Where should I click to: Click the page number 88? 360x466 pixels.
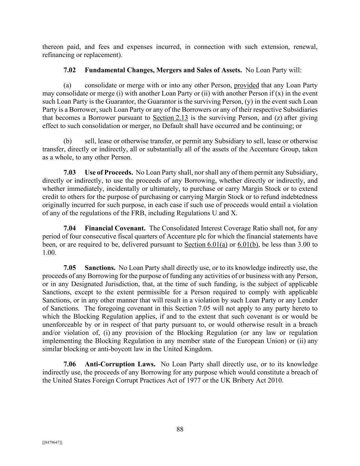tap(180, 429)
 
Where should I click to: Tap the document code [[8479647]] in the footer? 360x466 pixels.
tap(52, 442)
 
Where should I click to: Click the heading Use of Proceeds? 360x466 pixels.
tap(109, 172)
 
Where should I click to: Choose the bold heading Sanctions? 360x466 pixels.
tap(100, 268)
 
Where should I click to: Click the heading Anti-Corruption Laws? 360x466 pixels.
tap(120, 364)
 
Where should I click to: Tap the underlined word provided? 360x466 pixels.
tap(246, 85)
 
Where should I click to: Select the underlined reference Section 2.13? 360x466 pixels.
tap(170, 118)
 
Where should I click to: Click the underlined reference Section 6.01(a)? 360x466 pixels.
tap(206, 244)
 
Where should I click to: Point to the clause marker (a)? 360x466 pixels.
tap(67, 85)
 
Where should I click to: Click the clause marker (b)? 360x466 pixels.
tap(67, 141)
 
